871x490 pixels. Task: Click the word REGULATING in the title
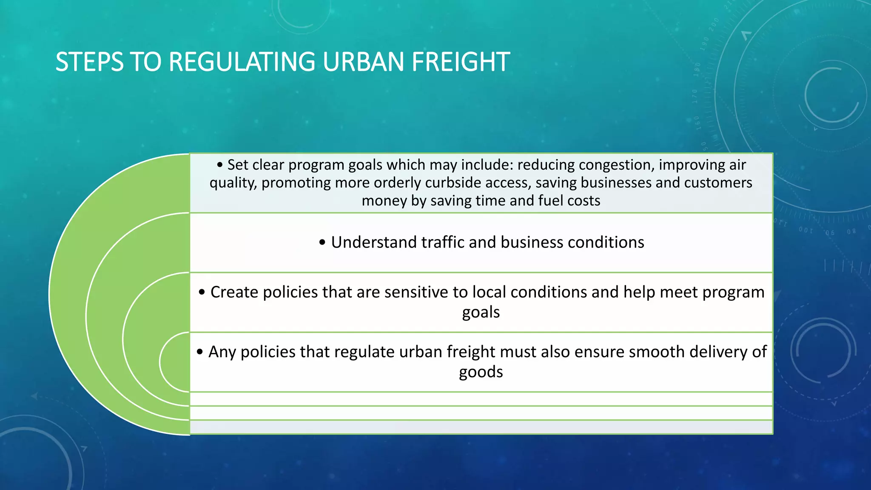coord(242,62)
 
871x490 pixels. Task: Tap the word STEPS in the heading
coord(89,62)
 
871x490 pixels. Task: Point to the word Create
coord(234,292)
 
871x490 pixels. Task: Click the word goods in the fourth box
coord(481,372)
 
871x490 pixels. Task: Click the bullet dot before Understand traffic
coord(322,243)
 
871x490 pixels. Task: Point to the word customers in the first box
coord(718,183)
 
